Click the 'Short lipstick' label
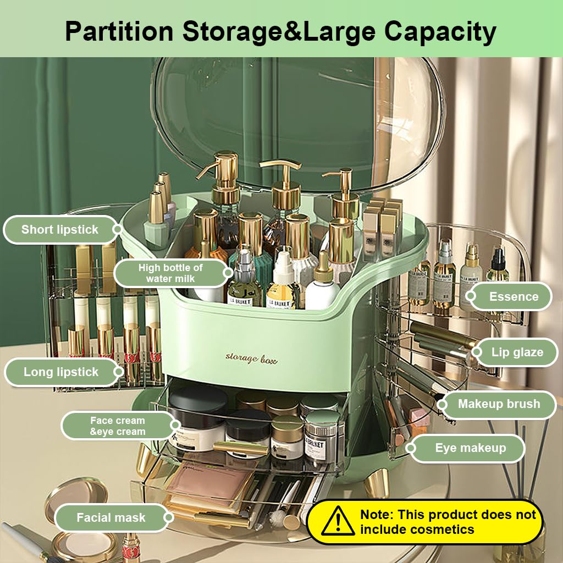point(59,229)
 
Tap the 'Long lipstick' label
point(61,372)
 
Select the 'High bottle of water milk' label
point(170,273)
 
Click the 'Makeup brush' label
point(499,404)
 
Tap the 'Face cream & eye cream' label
point(118,426)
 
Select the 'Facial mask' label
point(111,518)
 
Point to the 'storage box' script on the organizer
point(251,358)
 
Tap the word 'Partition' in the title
point(119,31)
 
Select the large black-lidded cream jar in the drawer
point(198,418)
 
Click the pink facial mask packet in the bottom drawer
point(210,484)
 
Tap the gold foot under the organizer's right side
point(377,483)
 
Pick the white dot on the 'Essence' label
point(471,296)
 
